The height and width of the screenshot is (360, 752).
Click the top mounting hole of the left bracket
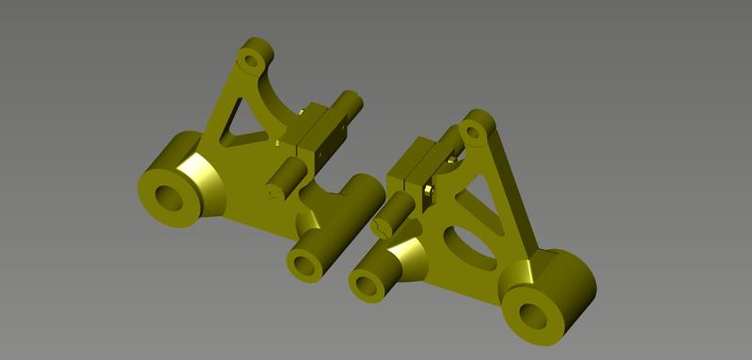[x=251, y=61]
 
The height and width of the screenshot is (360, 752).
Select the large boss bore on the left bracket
[x=170, y=197]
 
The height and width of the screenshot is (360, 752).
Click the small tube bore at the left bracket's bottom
[x=305, y=264]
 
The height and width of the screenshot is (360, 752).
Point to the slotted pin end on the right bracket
[x=382, y=226]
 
